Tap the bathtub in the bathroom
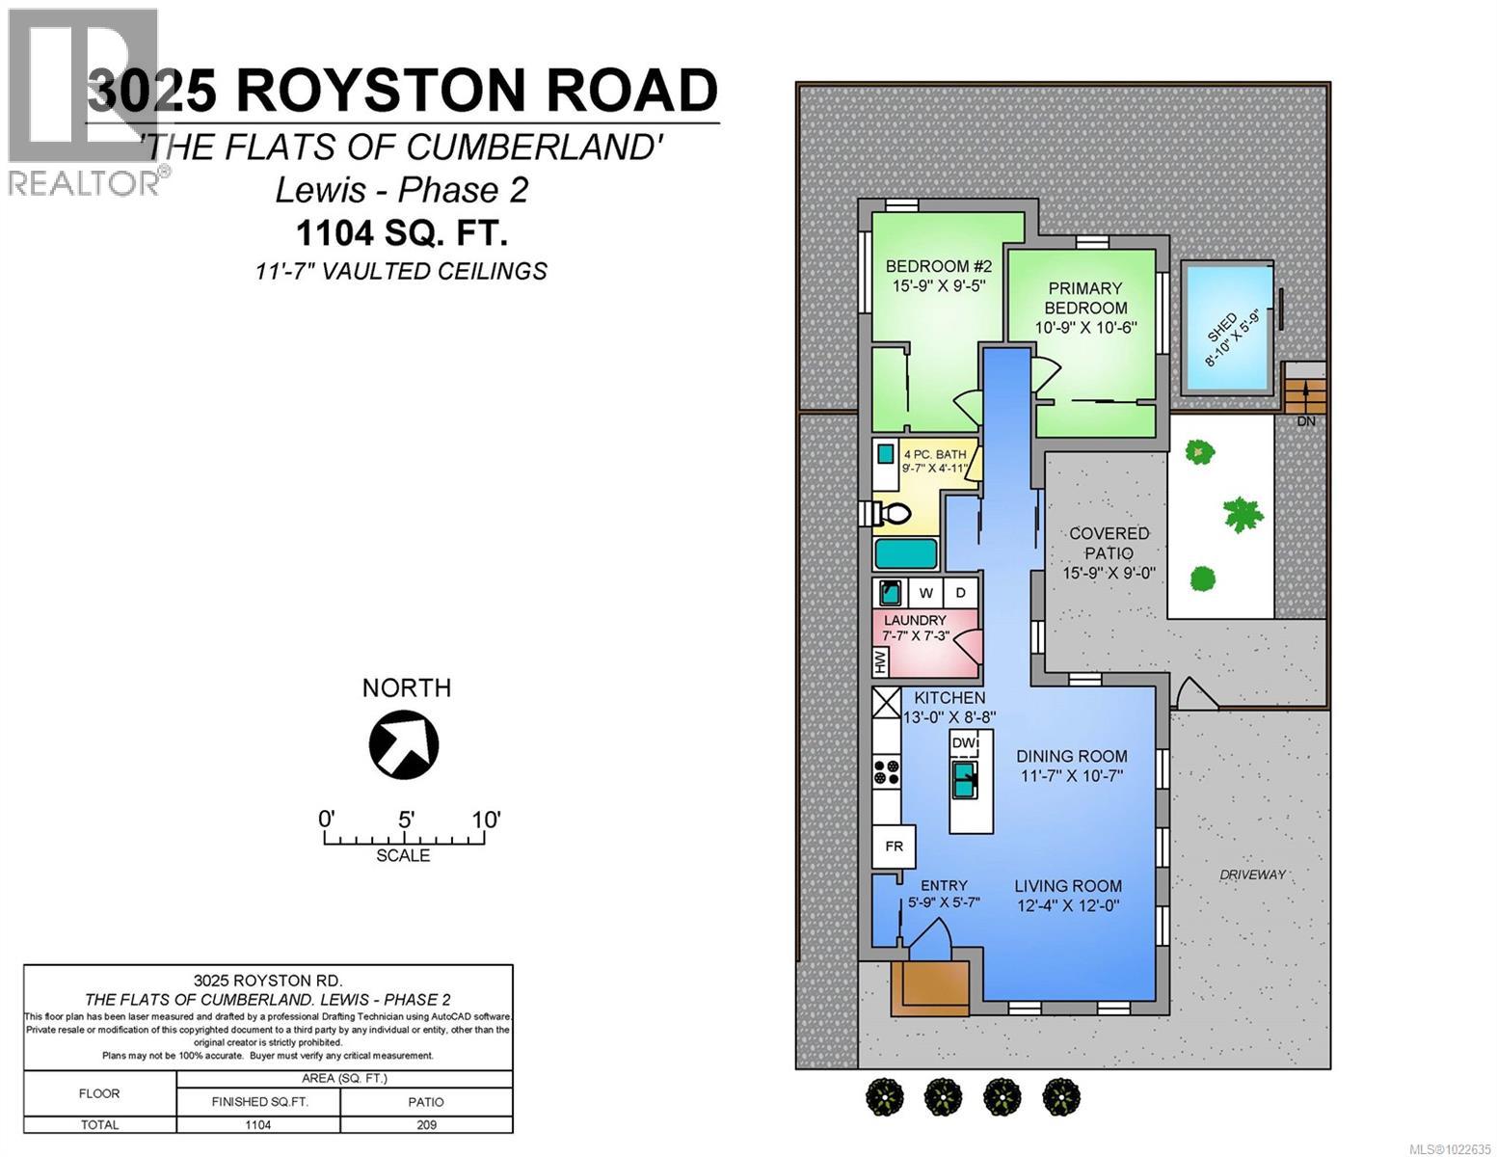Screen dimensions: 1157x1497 pyautogui.click(x=906, y=554)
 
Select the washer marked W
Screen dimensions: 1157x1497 pyautogui.click(x=925, y=592)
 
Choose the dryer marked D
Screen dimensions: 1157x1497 pyautogui.click(x=960, y=592)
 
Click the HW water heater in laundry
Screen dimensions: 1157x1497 pyautogui.click(x=880, y=661)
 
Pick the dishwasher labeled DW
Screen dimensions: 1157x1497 pyautogui.click(x=964, y=743)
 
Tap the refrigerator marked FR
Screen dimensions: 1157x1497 pyautogui.click(x=894, y=847)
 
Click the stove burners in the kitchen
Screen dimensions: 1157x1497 pyautogui.click(x=886, y=771)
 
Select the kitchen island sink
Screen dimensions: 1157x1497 pyautogui.click(x=964, y=779)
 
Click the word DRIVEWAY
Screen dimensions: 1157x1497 pyautogui.click(x=1252, y=874)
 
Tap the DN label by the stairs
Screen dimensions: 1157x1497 pyautogui.click(x=1305, y=421)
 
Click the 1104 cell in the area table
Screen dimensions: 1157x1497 pyautogui.click(x=257, y=1124)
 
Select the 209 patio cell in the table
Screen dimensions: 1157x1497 pyautogui.click(x=426, y=1124)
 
